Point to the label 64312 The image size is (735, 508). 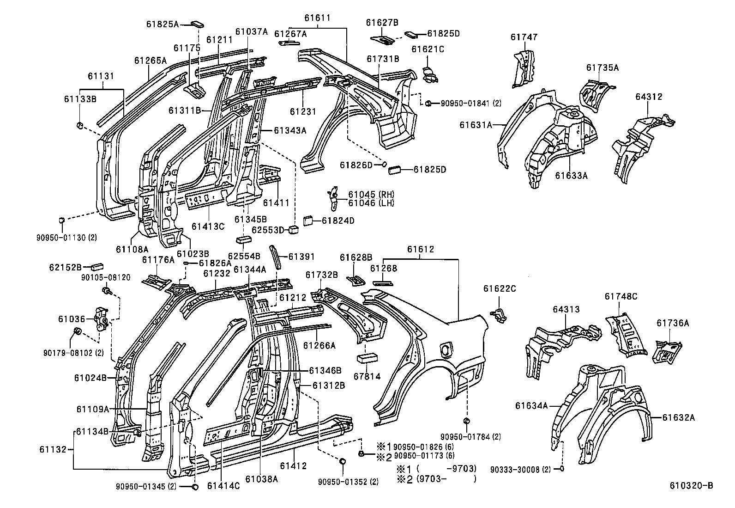648,97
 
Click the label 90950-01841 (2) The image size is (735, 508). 471,104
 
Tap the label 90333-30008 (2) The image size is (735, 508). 520,470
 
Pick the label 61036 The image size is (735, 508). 72,318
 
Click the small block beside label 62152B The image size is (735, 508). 97,266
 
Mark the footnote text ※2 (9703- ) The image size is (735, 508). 436,479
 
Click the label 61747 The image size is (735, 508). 524,37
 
